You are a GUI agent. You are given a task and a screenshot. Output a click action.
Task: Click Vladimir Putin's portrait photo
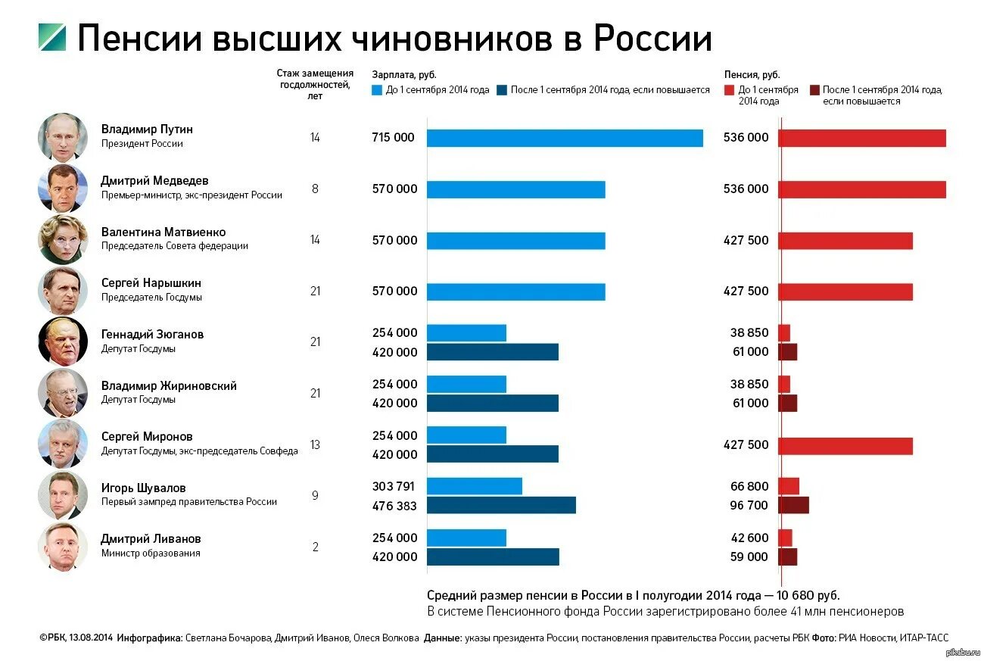[63, 137]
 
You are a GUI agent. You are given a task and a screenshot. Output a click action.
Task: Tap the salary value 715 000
[394, 137]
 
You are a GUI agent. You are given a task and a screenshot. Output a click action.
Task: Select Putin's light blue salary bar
[565, 138]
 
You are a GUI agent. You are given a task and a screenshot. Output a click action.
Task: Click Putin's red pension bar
[861, 138]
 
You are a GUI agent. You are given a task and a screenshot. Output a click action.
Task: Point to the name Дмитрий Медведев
[154, 180]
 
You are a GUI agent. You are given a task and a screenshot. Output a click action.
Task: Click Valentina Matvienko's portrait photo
[63, 239]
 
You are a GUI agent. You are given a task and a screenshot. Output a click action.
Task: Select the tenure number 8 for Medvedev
[315, 189]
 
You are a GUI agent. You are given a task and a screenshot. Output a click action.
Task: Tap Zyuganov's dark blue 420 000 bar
[493, 352]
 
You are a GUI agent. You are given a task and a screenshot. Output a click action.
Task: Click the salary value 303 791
[394, 486]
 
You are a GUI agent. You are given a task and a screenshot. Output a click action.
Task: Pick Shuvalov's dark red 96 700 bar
[793, 505]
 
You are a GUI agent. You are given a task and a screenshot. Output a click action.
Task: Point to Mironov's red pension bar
[845, 446]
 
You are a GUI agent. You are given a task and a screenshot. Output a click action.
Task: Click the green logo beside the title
[52, 38]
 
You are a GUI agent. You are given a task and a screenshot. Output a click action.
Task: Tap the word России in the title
[652, 38]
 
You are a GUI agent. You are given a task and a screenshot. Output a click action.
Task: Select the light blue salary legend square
[377, 89]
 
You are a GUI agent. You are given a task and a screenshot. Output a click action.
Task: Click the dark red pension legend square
[814, 89]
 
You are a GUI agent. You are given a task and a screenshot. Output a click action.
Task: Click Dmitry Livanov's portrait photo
[63, 547]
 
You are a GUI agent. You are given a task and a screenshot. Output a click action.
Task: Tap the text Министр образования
[151, 553]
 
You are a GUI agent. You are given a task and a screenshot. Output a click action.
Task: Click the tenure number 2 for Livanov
[316, 547]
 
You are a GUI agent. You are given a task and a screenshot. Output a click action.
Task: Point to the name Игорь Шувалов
[144, 488]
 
